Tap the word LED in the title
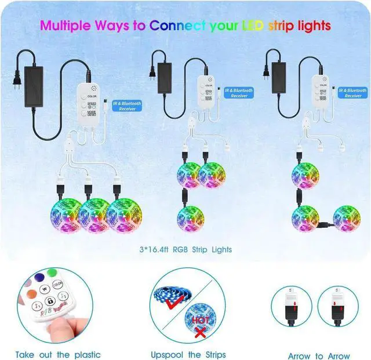coord(256,26)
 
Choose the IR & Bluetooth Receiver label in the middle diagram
coord(239,93)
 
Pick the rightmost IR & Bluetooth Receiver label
coord(352,93)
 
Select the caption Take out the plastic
coord(58,355)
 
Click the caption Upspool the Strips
coord(188,355)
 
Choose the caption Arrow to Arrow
coord(319,356)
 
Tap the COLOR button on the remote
coord(57,285)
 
